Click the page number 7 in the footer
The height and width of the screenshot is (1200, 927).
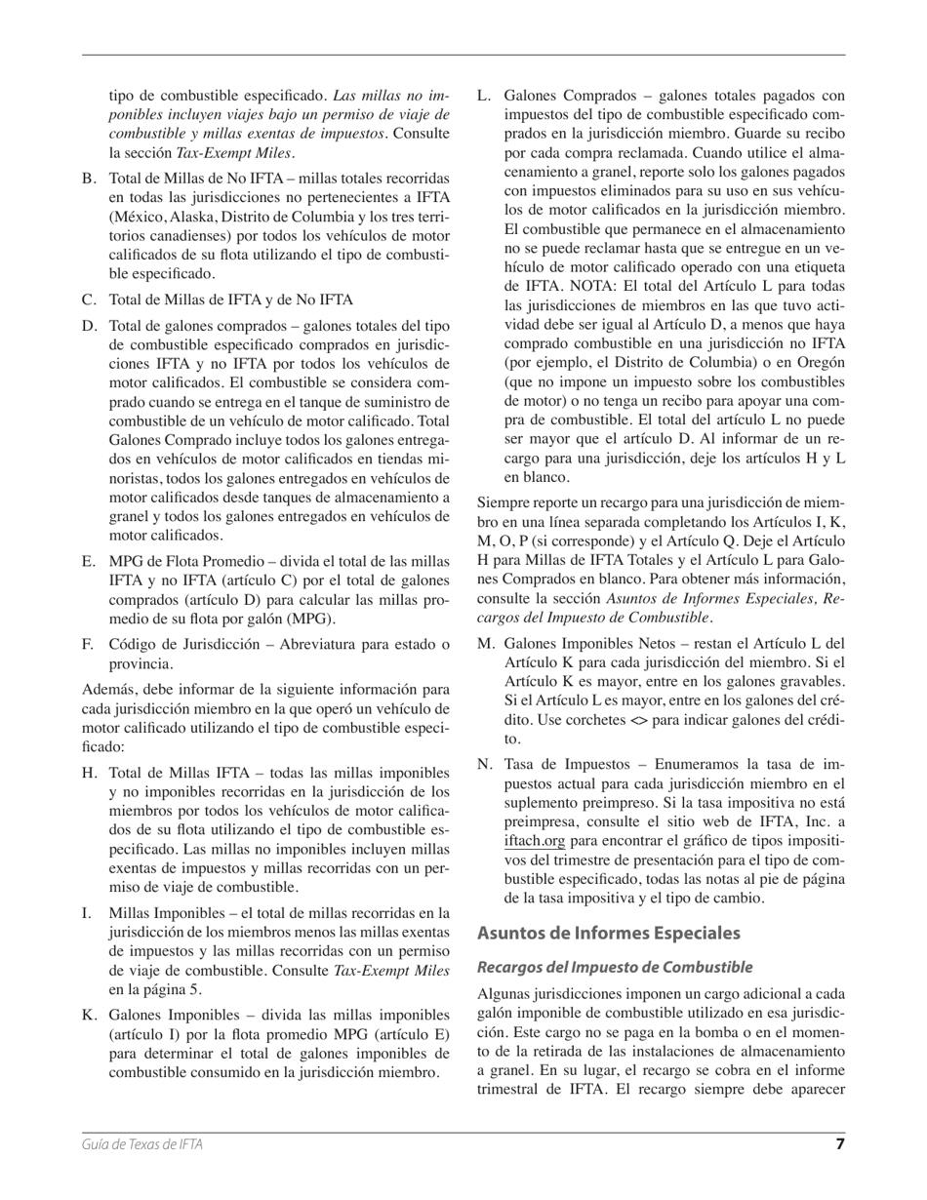click(x=839, y=1144)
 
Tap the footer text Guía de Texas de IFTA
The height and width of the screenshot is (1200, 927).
click(x=142, y=1145)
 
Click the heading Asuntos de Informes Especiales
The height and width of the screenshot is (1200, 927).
click(x=609, y=933)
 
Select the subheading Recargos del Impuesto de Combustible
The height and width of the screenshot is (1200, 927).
click(x=615, y=967)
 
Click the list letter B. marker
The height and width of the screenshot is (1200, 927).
click(x=90, y=179)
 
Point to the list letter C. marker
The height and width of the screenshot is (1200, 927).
click(x=90, y=300)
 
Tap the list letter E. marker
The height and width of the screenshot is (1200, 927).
click(x=90, y=562)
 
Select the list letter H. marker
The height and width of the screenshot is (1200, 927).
click(x=90, y=772)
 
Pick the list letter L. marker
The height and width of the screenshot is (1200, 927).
click(x=484, y=96)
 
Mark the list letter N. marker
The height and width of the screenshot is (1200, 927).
click(x=485, y=764)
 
